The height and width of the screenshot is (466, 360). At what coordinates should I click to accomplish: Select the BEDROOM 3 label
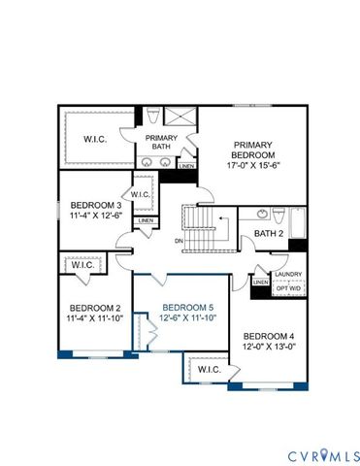pyautogui.click(x=95, y=205)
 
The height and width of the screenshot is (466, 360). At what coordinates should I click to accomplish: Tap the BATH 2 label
pyautogui.click(x=268, y=233)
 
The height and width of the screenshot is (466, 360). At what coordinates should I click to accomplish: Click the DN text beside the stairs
pyautogui.click(x=180, y=240)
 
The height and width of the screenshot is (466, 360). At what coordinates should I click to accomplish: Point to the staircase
pyautogui.click(x=204, y=231)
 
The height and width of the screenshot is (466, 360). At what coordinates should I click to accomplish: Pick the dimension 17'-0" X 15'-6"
pyautogui.click(x=254, y=165)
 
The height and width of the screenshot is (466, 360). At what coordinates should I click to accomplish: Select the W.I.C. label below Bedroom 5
pyautogui.click(x=209, y=370)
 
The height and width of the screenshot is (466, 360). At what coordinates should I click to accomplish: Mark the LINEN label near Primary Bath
pyautogui.click(x=186, y=166)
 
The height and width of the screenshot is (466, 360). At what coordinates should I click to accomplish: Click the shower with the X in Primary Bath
pyautogui.click(x=180, y=118)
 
